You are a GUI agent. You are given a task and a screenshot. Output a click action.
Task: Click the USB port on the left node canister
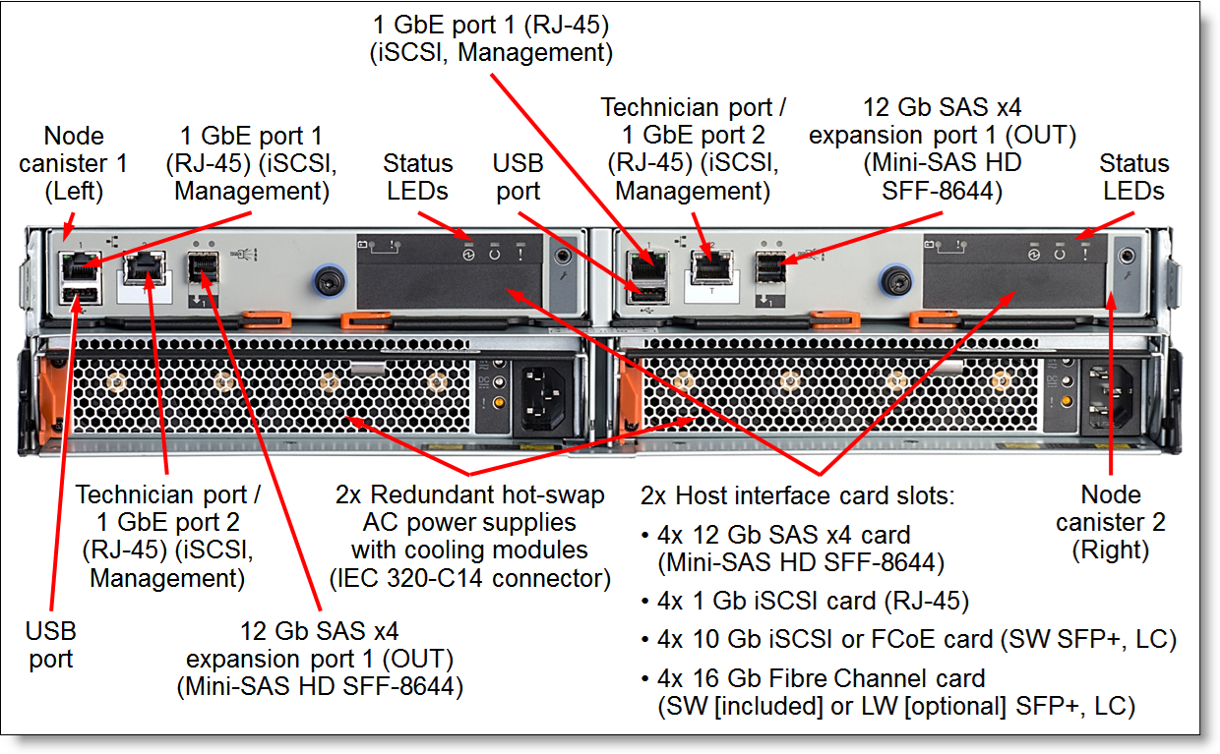coord(80,295)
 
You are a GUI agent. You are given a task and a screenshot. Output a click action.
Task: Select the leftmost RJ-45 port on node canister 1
coord(80,267)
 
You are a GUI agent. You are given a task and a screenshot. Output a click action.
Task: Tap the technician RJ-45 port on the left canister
coord(145,268)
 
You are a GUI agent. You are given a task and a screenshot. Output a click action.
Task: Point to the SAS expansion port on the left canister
coord(203,267)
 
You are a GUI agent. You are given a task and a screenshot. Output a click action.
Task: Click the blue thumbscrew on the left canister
coord(329,281)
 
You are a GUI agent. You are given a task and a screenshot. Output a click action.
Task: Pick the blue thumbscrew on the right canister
coord(896,281)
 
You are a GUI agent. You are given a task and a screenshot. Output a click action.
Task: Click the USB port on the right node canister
coord(647,295)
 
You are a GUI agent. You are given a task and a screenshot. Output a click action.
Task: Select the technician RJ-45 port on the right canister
coord(711,267)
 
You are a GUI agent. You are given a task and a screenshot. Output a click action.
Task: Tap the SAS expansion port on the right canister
coord(770,267)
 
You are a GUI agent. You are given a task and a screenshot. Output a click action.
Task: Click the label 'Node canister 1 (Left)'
coord(74,163)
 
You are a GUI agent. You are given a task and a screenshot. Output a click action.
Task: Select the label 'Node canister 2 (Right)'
coord(1110,522)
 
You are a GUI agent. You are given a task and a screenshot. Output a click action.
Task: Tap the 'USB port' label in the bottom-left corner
coord(50,645)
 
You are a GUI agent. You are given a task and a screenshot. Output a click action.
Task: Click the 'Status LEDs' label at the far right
coord(1134,177)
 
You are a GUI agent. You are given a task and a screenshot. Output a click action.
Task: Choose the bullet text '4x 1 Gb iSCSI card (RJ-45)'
coord(813,601)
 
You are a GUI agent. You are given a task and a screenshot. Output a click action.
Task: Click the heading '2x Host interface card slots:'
coord(797,495)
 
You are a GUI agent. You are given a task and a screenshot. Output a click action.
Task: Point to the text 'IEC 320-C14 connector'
coord(469,578)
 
